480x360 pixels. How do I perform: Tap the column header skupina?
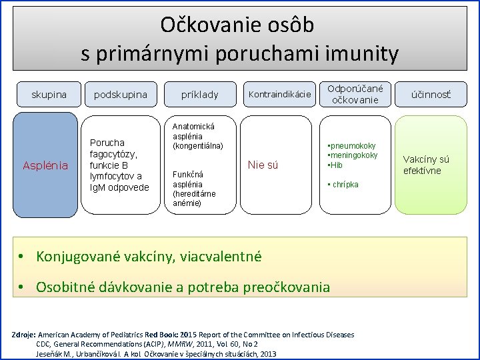click(49, 95)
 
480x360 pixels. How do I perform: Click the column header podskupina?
click(121, 95)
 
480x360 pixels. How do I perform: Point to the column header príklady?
click(200, 95)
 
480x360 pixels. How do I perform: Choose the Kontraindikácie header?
click(279, 94)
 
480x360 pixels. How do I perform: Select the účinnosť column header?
click(430, 95)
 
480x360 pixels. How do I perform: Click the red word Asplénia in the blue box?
click(46, 165)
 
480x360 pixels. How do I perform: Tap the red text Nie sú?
click(263, 165)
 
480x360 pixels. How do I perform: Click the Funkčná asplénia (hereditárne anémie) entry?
click(194, 189)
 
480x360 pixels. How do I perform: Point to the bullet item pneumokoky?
click(352, 145)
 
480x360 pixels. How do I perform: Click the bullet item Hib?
click(335, 165)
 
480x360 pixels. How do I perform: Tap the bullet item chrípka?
click(344, 184)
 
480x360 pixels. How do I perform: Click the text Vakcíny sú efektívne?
click(426, 165)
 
